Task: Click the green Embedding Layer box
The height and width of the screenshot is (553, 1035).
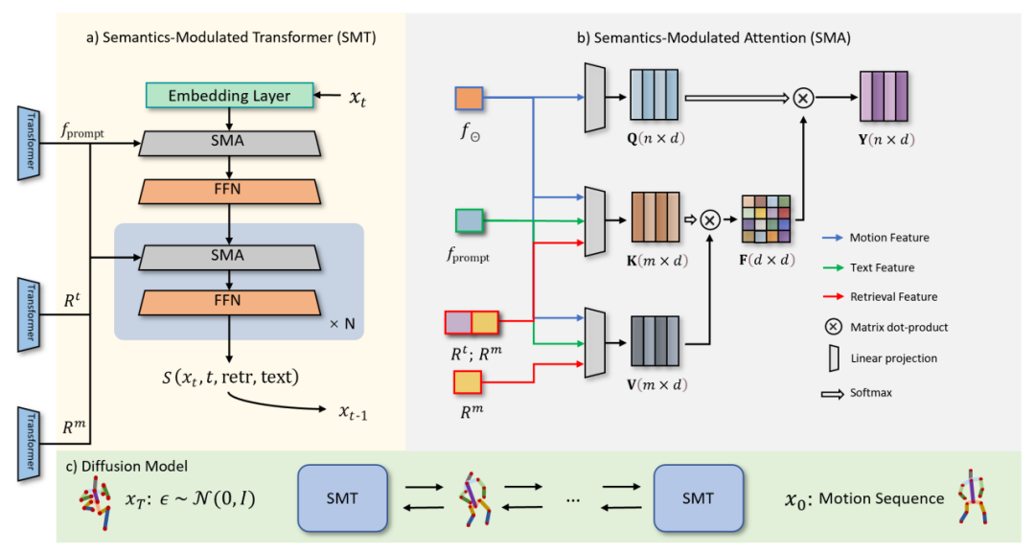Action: [x=231, y=96]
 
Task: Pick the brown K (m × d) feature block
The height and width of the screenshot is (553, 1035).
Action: [x=655, y=219]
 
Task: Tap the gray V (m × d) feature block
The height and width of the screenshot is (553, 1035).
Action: [x=655, y=341]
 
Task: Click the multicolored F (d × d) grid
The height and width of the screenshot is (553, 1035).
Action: [x=766, y=219]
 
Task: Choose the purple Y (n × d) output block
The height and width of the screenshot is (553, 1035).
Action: [x=883, y=97]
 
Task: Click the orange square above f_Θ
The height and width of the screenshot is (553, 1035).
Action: [x=470, y=99]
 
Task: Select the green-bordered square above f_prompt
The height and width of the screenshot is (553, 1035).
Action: [x=470, y=220]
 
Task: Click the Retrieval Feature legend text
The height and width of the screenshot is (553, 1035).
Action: [x=892, y=298]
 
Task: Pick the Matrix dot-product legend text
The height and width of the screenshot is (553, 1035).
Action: [x=899, y=327]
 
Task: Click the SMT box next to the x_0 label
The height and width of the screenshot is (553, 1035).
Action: [x=699, y=498]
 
